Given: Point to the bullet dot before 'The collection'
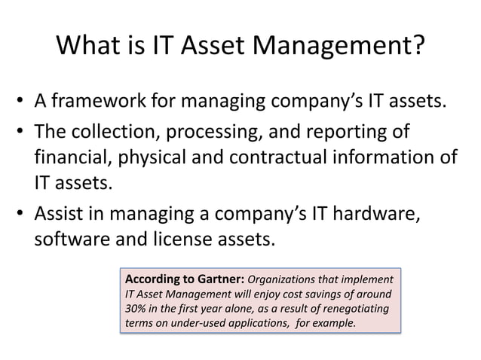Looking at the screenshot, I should (22, 134).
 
